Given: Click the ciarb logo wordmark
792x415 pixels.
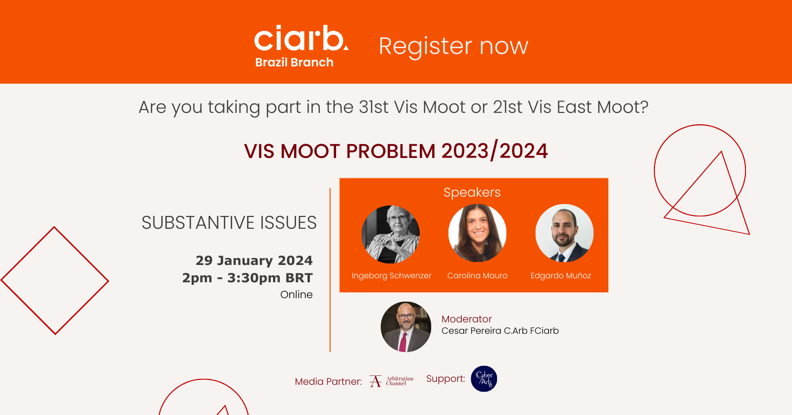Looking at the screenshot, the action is (x=301, y=38).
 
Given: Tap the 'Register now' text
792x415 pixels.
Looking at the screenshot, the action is (x=453, y=47).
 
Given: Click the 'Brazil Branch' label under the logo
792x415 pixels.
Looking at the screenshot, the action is (x=294, y=62).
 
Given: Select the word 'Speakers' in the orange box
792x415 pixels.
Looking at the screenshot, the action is (x=472, y=192).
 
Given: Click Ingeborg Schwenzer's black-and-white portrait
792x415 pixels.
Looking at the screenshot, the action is (x=391, y=234).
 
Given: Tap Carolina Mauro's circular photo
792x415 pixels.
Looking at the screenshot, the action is (x=477, y=233).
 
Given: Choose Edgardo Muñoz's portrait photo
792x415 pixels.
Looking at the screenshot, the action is (x=564, y=233).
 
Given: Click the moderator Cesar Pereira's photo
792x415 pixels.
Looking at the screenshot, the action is (x=406, y=326).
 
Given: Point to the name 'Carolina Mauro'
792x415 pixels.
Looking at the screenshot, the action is (x=477, y=276).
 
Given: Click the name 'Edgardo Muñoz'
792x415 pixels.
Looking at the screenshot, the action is (x=561, y=276).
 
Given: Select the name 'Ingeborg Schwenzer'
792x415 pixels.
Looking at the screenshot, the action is (x=392, y=276).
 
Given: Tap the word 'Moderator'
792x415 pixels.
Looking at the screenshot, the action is (x=466, y=319).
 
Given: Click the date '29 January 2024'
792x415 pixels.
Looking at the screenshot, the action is (x=254, y=261).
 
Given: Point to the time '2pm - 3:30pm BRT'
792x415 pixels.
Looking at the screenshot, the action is (x=247, y=278).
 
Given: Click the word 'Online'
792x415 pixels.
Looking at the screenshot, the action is (x=297, y=294).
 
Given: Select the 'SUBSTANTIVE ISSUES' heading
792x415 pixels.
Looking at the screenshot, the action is (x=229, y=222).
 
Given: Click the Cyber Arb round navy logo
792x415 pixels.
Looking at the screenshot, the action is (x=484, y=378).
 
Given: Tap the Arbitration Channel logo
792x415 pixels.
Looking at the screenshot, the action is (x=392, y=381).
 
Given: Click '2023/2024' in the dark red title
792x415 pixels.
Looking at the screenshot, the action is (x=495, y=151).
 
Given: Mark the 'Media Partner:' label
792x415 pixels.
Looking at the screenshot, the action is (x=329, y=381).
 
